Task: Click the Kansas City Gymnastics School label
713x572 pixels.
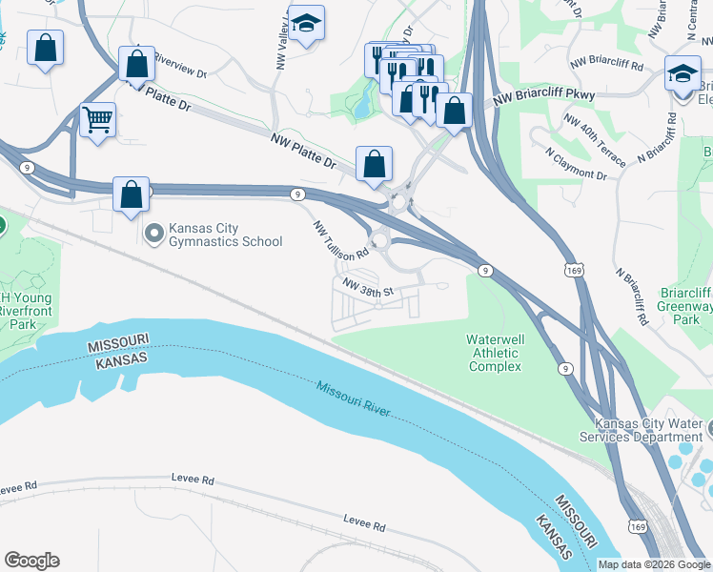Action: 226,235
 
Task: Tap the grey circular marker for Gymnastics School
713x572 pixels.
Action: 153,234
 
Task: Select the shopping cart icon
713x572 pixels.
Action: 97,120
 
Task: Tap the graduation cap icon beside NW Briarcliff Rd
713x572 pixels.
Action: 682,72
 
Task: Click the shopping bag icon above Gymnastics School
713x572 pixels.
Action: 132,194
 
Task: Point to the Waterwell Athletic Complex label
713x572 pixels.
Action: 495,353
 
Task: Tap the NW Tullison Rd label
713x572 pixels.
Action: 341,239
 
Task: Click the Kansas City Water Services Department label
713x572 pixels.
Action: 648,431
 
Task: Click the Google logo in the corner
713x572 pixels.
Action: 31,561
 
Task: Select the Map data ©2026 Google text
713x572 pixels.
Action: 654,564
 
